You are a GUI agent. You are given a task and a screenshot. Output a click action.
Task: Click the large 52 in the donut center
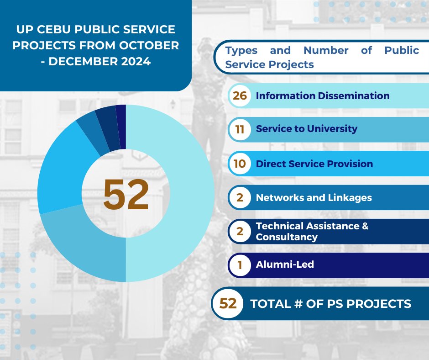[x=126, y=194]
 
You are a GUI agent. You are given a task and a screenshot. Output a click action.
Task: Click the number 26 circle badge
[x=239, y=96]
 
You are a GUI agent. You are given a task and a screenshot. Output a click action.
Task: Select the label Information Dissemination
[x=323, y=96]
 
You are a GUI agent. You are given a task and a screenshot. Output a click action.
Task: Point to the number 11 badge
[x=239, y=129]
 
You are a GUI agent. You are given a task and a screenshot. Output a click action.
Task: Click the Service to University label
[x=306, y=129]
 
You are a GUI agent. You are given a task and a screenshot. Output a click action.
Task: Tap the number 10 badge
[x=239, y=164]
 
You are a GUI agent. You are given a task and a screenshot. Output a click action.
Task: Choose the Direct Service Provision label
[x=314, y=164]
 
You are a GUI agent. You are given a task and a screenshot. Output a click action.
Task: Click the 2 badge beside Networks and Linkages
[x=240, y=198]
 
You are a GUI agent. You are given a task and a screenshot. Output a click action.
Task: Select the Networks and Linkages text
[x=314, y=198]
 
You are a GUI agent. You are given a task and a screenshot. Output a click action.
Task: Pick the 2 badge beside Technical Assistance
[x=240, y=232]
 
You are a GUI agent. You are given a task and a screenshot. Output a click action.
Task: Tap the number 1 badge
[x=240, y=265]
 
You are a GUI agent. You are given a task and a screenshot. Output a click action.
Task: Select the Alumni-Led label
[x=285, y=265]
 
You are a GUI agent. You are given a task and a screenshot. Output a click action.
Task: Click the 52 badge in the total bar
[x=228, y=303]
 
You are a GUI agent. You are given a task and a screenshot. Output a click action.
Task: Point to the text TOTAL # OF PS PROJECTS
[x=330, y=303]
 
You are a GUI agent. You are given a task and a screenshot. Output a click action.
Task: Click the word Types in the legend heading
[x=241, y=50]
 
